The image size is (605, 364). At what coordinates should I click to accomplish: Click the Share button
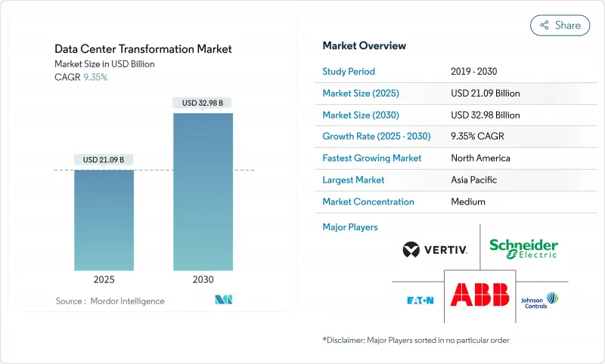tap(560, 25)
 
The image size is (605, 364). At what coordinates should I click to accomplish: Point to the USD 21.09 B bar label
tap(104, 159)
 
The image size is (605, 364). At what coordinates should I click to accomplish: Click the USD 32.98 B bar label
tap(203, 103)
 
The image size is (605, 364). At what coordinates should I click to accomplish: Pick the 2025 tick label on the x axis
tap(104, 279)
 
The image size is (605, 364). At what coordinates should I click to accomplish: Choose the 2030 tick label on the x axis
tap(203, 279)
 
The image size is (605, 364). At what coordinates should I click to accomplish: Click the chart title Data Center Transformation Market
tap(143, 49)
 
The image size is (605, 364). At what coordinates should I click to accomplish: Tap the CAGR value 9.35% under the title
tap(95, 78)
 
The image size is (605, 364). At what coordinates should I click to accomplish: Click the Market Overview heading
tap(364, 46)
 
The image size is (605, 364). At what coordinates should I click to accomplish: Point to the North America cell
tap(480, 159)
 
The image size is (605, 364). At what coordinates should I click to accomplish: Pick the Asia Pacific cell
tap(473, 180)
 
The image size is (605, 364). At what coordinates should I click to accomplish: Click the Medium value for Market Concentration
tap(468, 202)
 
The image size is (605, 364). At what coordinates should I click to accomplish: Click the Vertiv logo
tap(435, 249)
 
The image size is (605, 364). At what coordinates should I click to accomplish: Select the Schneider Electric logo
tap(523, 248)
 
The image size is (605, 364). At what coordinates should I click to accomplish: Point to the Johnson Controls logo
tap(539, 300)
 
